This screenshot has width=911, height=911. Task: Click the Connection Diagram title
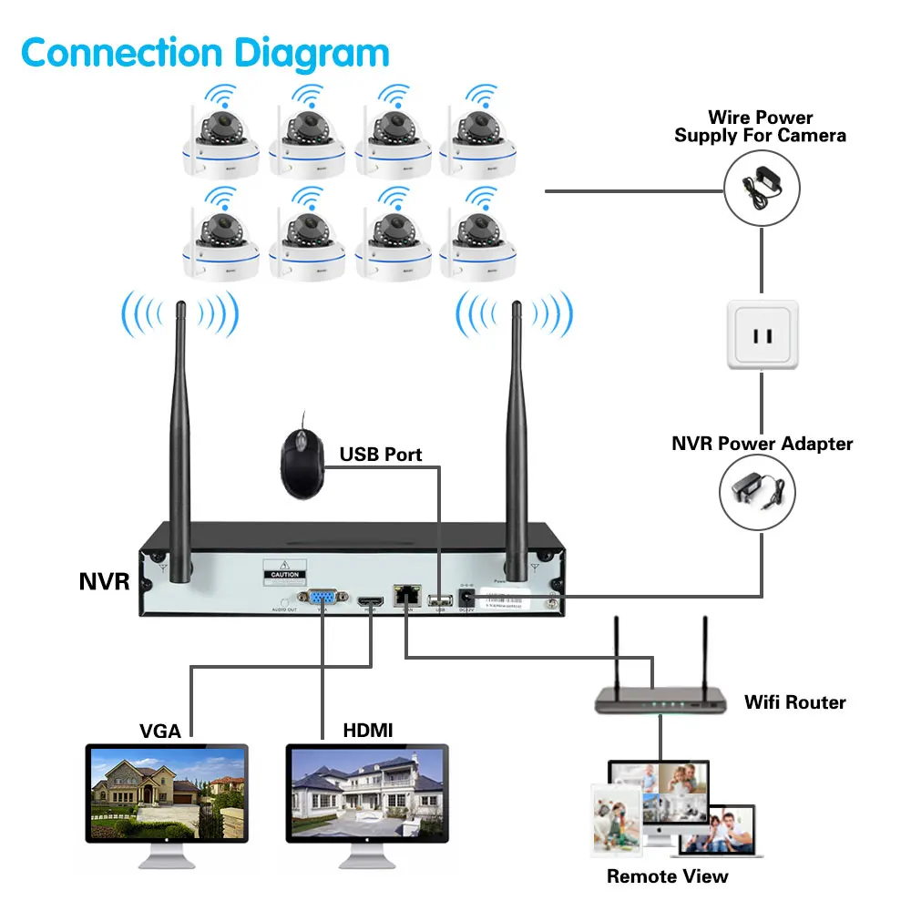205,52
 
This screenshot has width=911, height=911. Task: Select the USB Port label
381,454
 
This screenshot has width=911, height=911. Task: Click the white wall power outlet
762,335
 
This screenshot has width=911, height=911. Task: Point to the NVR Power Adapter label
763,444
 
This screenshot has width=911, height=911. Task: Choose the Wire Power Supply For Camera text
760,127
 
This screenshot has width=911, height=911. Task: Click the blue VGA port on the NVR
322,599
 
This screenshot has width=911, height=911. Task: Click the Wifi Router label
794,702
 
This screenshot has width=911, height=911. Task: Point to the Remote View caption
668,876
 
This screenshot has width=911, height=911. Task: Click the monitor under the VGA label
167,792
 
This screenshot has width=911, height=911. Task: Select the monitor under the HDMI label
367,792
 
